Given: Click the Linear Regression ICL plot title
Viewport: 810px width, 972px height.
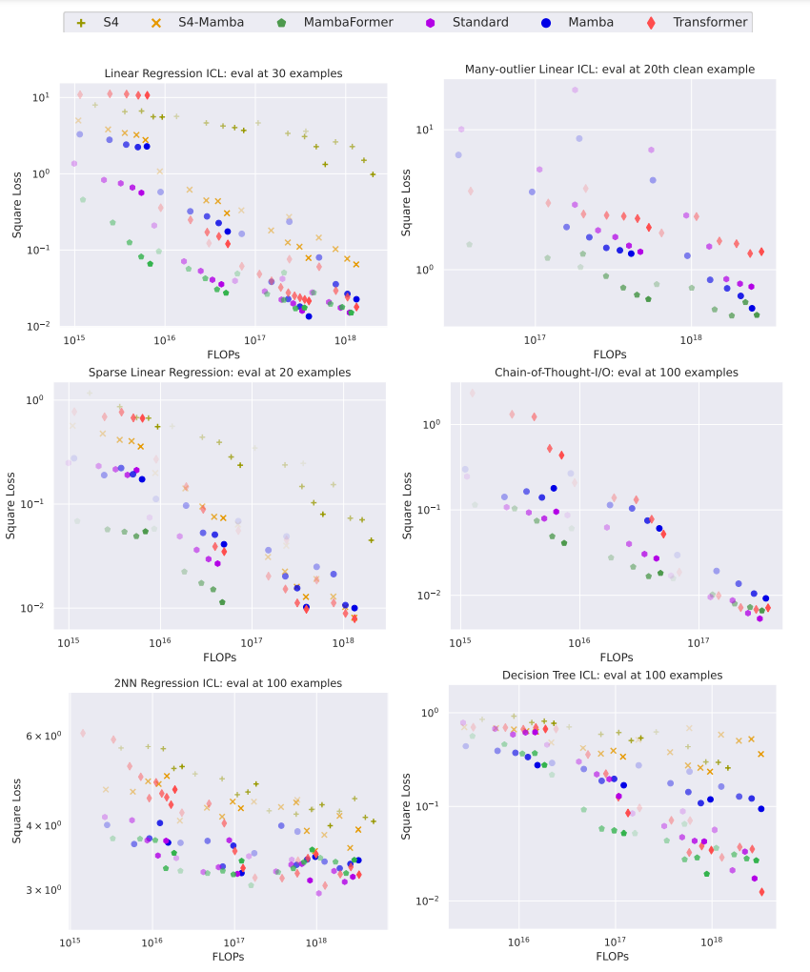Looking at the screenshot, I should pyautogui.click(x=223, y=73).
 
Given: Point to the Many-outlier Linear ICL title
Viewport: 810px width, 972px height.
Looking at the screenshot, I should pyautogui.click(x=609, y=69).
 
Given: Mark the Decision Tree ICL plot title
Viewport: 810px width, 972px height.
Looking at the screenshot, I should pyautogui.click(x=612, y=675).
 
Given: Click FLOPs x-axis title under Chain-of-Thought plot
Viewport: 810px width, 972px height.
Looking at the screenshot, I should pyautogui.click(x=617, y=658).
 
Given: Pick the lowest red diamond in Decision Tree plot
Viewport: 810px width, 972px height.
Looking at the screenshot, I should pyautogui.click(x=761, y=892).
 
